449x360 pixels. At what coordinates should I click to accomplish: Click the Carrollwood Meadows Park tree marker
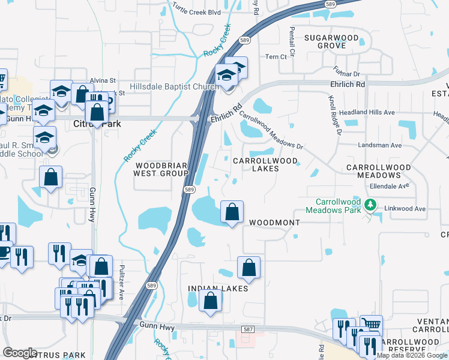[x=371, y=206]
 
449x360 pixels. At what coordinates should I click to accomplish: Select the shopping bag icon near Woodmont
[x=232, y=212]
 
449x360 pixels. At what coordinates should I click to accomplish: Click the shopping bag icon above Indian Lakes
[x=249, y=268]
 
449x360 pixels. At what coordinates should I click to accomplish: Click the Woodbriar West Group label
[x=161, y=169]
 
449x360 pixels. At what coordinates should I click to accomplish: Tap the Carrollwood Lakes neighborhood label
[x=265, y=165]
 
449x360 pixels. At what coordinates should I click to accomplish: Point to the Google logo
[x=20, y=353]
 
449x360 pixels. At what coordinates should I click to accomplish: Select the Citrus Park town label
[x=97, y=124]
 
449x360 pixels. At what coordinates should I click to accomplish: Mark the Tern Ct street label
[x=277, y=57]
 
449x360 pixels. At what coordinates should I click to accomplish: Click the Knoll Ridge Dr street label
[x=334, y=115]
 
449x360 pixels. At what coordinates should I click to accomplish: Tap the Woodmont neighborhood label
[x=274, y=223]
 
